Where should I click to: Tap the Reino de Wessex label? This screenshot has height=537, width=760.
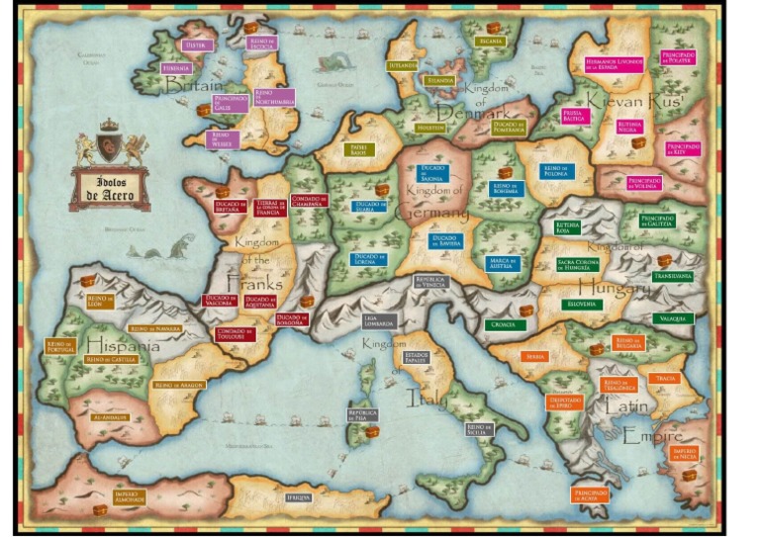(x=223, y=138)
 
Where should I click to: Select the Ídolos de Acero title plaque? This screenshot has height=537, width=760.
(x=109, y=189)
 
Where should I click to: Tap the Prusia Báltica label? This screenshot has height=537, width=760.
(x=575, y=116)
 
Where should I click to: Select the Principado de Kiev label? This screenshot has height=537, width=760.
(x=683, y=148)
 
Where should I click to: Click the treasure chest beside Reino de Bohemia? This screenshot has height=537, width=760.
(x=506, y=173)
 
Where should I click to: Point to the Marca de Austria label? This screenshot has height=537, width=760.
(x=503, y=262)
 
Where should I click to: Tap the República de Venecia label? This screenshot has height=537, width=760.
(x=431, y=281)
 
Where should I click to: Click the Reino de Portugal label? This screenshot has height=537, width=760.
(x=61, y=346)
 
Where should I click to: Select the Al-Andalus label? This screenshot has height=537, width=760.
(x=111, y=418)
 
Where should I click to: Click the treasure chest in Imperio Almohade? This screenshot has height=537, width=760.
(x=99, y=510)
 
